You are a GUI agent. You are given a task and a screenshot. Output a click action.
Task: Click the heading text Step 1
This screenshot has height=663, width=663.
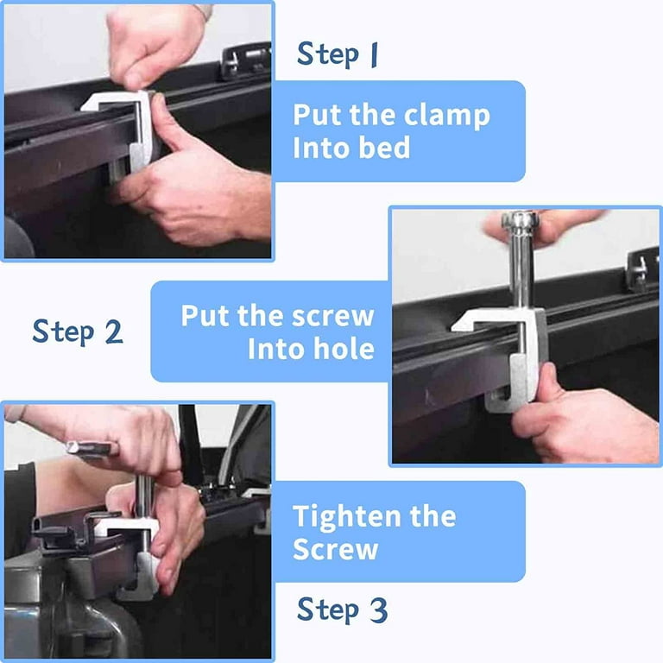337,54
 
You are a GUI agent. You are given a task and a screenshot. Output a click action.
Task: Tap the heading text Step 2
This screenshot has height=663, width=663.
78,331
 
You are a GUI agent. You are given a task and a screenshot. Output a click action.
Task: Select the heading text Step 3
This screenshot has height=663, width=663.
342,610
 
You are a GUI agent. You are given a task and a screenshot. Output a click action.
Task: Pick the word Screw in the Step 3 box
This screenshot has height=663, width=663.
335,549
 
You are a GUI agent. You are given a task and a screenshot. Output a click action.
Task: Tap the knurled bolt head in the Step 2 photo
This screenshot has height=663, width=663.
520,220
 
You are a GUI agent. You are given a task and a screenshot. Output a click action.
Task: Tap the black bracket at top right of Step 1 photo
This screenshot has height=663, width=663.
245,61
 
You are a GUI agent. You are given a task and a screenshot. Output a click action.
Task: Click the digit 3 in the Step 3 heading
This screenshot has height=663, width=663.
378,610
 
